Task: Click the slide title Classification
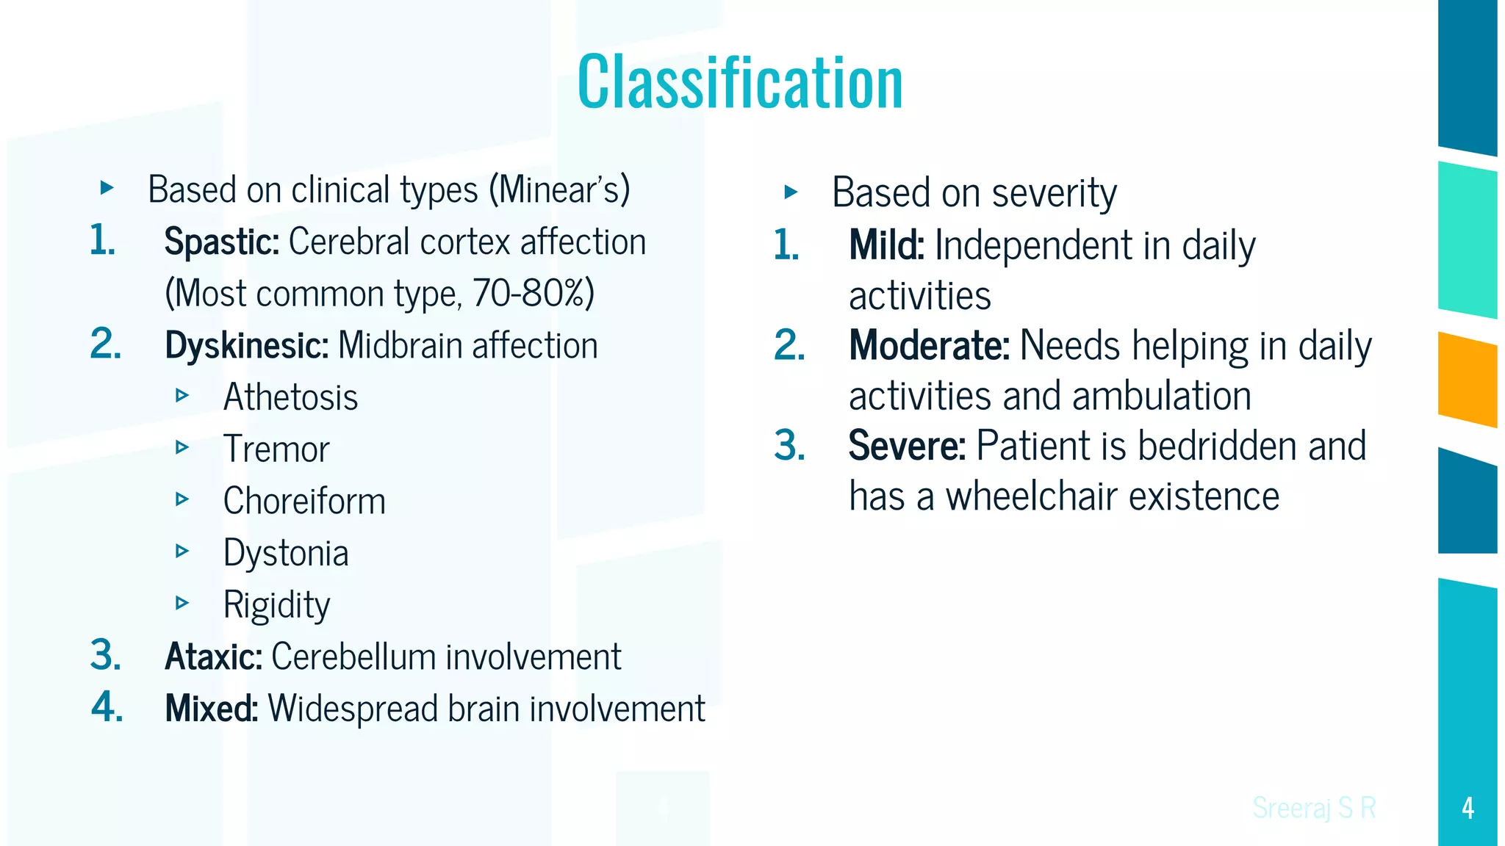click(740, 82)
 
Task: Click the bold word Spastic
click(220, 242)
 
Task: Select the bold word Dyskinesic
click(246, 345)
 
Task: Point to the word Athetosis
click(290, 397)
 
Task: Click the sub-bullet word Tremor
click(276, 449)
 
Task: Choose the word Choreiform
click(304, 502)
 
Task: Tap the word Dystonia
click(286, 553)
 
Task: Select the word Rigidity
click(276, 605)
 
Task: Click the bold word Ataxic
click(213, 657)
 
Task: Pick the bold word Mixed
click(211, 709)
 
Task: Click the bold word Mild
click(886, 245)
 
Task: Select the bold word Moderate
click(929, 345)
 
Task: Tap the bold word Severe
click(906, 446)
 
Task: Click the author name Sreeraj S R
click(1313, 808)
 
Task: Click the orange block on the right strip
click(1467, 380)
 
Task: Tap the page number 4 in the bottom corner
click(1468, 808)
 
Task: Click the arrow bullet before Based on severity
click(791, 192)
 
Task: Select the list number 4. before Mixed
click(107, 707)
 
